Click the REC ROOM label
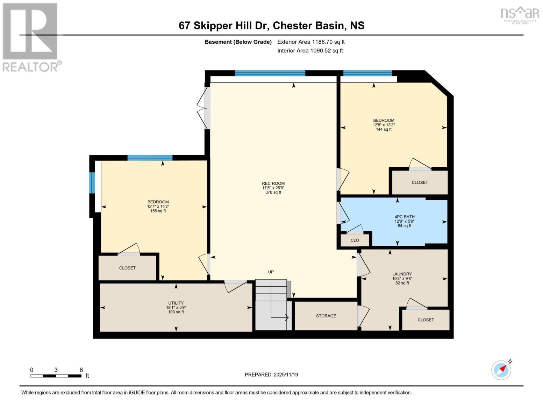pos(273,183)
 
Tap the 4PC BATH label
pos(404,217)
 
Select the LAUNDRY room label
pos(402,274)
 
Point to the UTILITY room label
pos(176,303)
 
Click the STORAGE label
pos(326,316)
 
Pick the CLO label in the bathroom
pos(355,240)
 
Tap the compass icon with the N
pos(501,370)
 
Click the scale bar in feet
pos(56,376)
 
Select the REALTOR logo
pos(31,37)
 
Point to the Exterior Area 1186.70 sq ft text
pos(311,42)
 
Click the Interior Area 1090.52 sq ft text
pos(310,51)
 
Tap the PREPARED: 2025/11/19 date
pos(271,374)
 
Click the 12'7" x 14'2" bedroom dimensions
pos(158,206)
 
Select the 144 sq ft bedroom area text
pos(384,129)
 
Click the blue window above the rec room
pos(270,73)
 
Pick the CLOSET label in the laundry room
pos(426,320)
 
